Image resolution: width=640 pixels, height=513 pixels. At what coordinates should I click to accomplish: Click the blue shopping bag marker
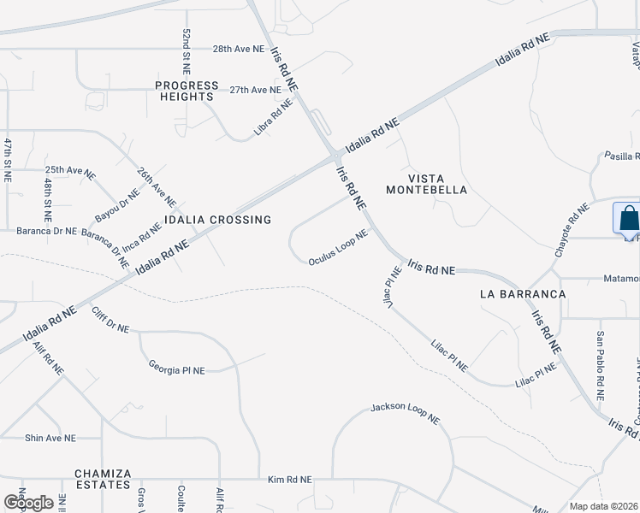coord(627,218)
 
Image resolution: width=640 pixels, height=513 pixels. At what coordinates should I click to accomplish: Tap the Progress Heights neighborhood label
coord(184,91)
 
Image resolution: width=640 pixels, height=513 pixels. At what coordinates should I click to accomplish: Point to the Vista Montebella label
coord(426,184)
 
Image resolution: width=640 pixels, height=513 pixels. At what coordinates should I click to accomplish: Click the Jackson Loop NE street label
coord(405,414)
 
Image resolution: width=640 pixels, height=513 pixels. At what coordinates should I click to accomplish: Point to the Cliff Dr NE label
coord(110,319)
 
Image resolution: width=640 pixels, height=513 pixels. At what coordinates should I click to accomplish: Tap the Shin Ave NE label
coord(50,438)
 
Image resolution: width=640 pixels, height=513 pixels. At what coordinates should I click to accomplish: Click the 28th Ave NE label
coord(239,49)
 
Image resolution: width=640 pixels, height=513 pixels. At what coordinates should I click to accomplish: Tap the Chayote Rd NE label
coord(573,230)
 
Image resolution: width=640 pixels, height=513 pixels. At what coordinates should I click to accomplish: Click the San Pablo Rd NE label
coord(601,367)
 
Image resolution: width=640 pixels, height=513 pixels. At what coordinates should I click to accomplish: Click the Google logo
coord(27,502)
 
